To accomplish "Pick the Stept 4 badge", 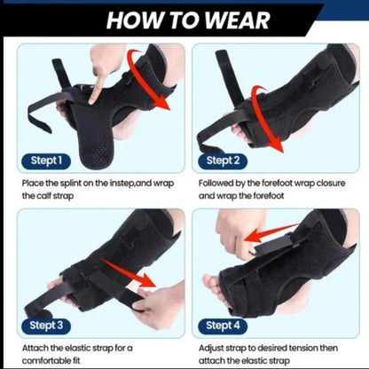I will [x=223, y=326].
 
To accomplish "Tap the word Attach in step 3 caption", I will [x=36, y=349].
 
